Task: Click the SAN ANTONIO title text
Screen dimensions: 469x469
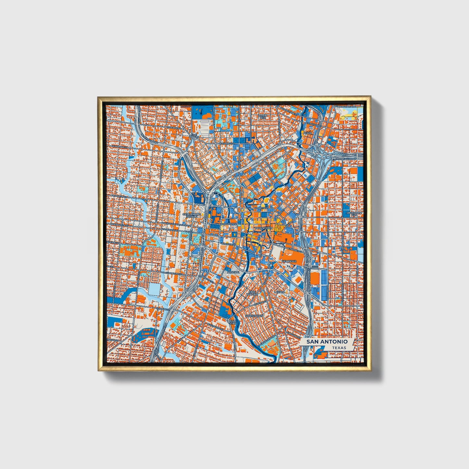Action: point(327,341)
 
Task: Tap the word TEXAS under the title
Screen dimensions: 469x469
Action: point(339,348)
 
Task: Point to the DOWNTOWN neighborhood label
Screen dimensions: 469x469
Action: point(264,228)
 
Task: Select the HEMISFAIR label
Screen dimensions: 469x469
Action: point(289,261)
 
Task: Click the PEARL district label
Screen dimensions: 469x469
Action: point(307,133)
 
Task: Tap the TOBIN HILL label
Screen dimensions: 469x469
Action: point(263,117)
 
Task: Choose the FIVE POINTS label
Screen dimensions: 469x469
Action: point(194,136)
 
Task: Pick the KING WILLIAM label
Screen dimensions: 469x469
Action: point(252,293)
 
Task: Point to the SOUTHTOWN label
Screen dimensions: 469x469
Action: point(254,315)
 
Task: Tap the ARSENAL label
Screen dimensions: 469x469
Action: point(233,272)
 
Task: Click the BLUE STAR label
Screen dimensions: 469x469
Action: point(233,322)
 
